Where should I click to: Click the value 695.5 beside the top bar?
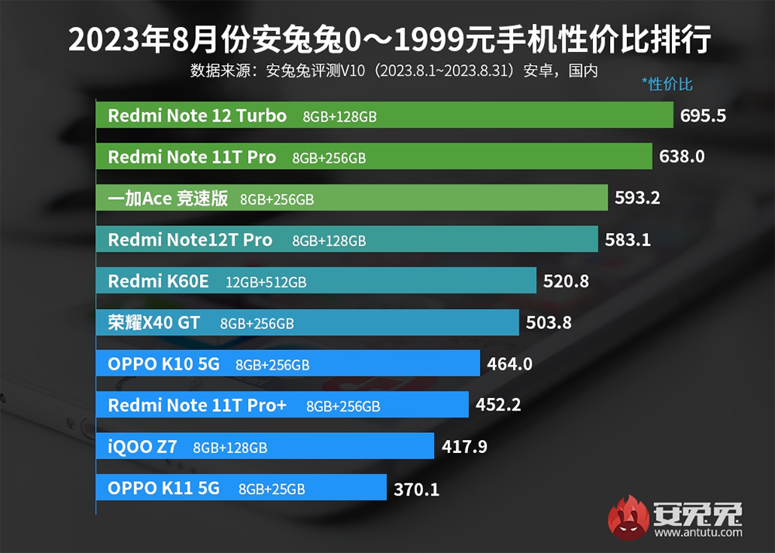click(703, 116)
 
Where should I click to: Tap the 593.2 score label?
click(637, 198)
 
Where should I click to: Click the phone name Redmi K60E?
click(158, 281)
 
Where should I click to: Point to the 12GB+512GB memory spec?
click(266, 283)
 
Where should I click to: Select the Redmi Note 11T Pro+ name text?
click(197, 405)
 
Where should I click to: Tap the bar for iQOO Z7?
click(349, 446)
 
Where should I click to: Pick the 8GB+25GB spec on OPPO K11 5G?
click(271, 489)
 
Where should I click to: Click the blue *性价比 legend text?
click(667, 84)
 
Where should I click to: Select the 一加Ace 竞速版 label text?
click(167, 199)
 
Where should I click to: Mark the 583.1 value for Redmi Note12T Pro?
click(628, 240)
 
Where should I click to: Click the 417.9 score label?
click(464, 447)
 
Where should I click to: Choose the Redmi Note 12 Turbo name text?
click(197, 116)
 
